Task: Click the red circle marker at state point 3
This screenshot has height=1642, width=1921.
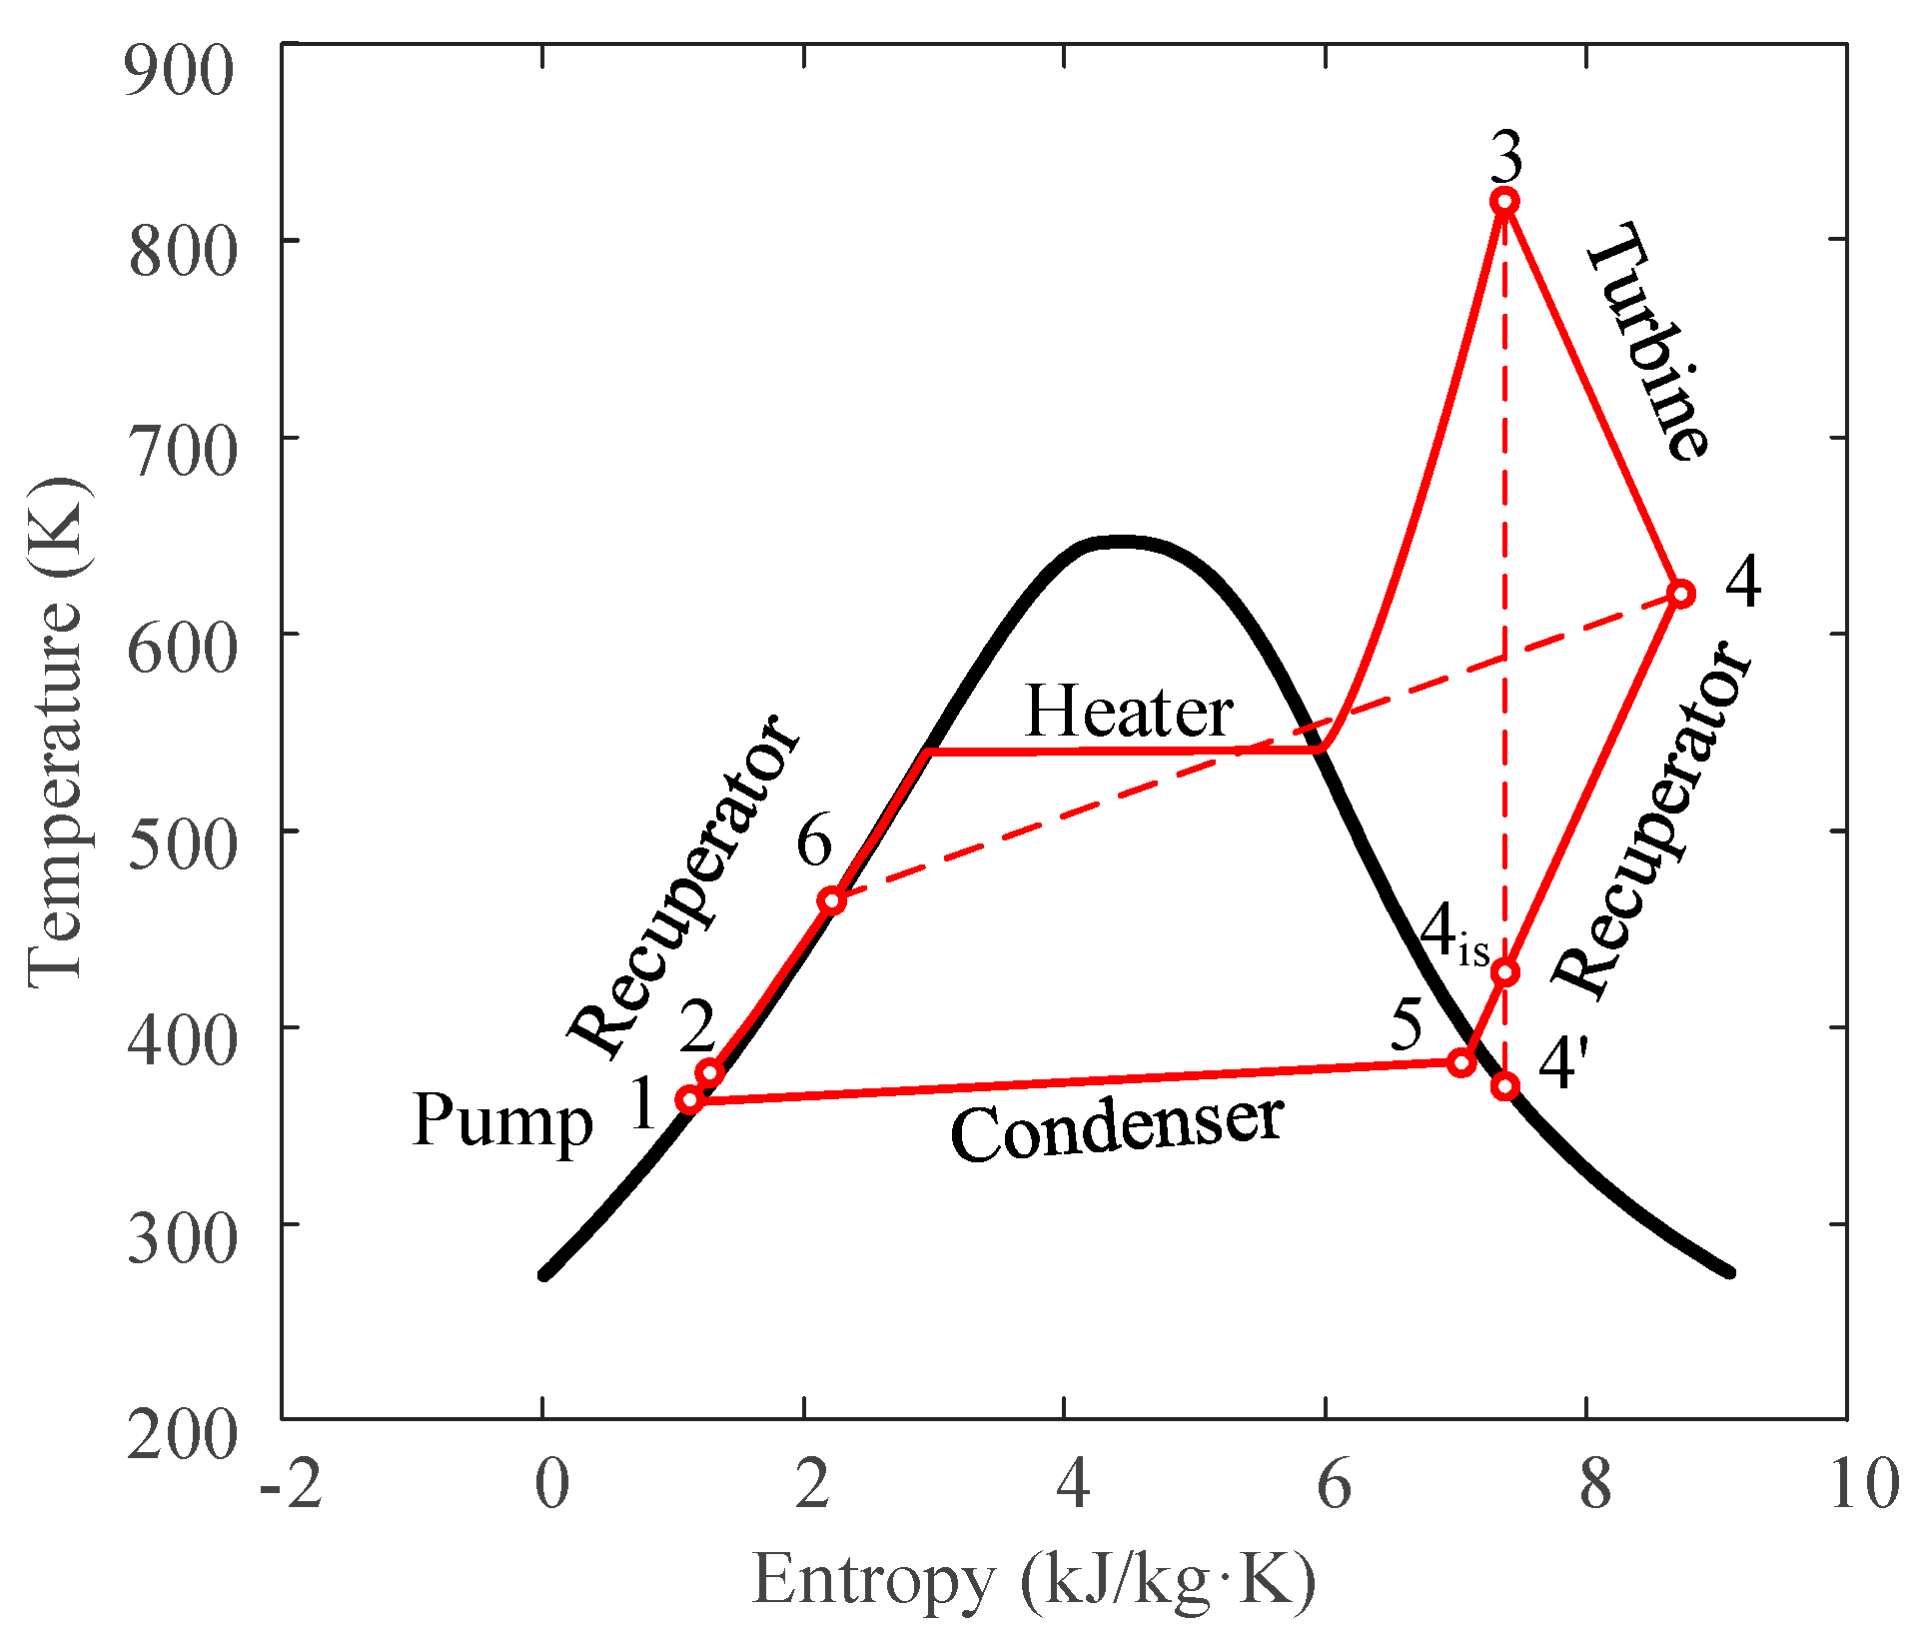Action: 1504,202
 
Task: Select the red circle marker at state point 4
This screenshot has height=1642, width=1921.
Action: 1681,594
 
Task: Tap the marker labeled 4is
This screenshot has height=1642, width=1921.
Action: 1504,972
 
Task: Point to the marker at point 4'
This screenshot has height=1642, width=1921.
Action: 1504,1086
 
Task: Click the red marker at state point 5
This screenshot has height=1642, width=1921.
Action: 1461,1062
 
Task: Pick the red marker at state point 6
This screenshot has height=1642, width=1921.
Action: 831,900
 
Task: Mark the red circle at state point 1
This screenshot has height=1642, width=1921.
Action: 689,1100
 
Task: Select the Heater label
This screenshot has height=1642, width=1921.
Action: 1129,712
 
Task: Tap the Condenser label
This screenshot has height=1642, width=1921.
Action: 1116,1129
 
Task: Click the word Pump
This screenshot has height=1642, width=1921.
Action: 502,1121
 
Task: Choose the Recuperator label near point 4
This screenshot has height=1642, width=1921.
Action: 1650,820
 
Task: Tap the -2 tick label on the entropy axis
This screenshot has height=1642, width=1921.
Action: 291,1483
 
